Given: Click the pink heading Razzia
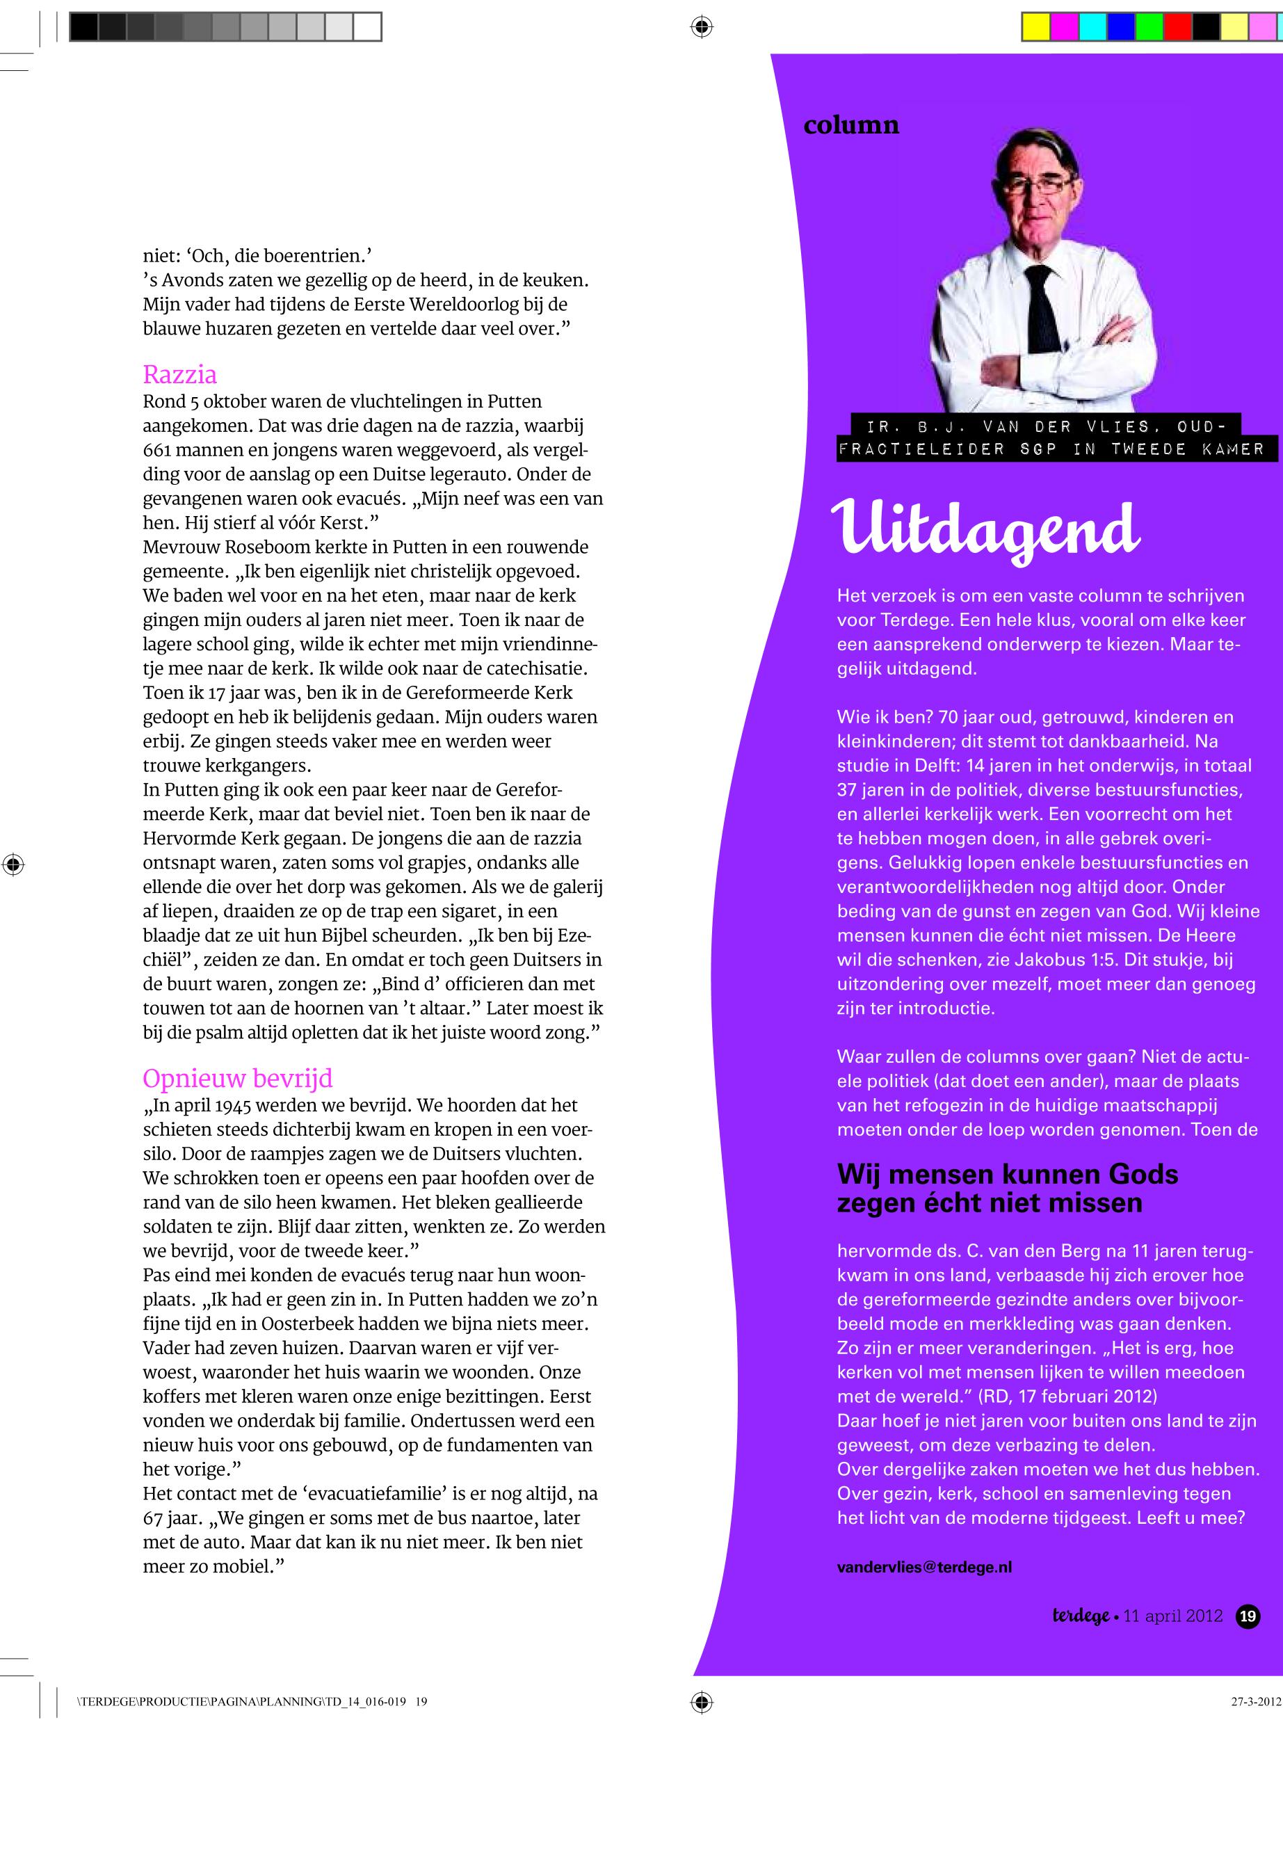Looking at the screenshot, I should (179, 375).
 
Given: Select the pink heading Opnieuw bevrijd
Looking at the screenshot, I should (237, 1078).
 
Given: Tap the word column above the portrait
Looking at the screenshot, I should (850, 125).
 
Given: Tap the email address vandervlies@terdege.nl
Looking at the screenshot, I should (923, 1567).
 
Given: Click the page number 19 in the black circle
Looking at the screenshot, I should (1248, 1616).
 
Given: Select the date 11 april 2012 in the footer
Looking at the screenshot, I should (1173, 1616).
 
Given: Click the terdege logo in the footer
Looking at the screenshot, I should (1081, 1616).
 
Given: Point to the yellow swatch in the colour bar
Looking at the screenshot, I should (1035, 28).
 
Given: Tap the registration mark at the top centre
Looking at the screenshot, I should (701, 27).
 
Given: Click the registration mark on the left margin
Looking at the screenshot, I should (13, 865).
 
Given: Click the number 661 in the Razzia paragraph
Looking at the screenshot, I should (158, 449).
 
